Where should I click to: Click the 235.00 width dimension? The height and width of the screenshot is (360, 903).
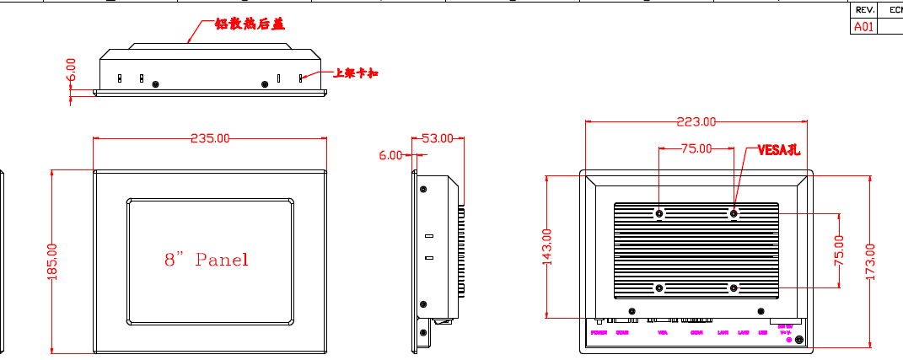(210, 138)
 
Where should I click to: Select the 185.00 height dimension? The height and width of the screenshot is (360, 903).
(51, 262)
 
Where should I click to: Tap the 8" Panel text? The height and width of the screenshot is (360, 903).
(207, 260)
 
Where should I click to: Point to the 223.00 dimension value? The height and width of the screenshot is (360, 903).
(696, 121)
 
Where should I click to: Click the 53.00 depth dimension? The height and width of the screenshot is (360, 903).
(437, 138)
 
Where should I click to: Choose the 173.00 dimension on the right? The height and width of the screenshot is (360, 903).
(870, 261)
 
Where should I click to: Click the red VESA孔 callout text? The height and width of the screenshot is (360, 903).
(777, 150)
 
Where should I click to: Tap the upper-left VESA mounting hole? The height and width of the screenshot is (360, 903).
(659, 213)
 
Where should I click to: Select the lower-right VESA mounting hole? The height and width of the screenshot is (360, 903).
(734, 288)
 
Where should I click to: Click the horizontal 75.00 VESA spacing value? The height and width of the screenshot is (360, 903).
(696, 148)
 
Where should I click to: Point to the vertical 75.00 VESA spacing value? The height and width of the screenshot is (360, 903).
(839, 251)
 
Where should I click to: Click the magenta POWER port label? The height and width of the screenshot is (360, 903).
(599, 333)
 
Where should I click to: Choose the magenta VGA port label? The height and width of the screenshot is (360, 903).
(662, 333)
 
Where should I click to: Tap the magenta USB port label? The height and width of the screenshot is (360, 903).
(762, 333)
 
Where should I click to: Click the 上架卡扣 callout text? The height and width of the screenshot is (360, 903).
(355, 74)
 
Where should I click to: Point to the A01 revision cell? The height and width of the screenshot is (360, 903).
(864, 26)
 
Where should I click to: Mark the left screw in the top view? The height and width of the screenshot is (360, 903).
(155, 83)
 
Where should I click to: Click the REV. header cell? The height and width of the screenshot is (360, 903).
(864, 10)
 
